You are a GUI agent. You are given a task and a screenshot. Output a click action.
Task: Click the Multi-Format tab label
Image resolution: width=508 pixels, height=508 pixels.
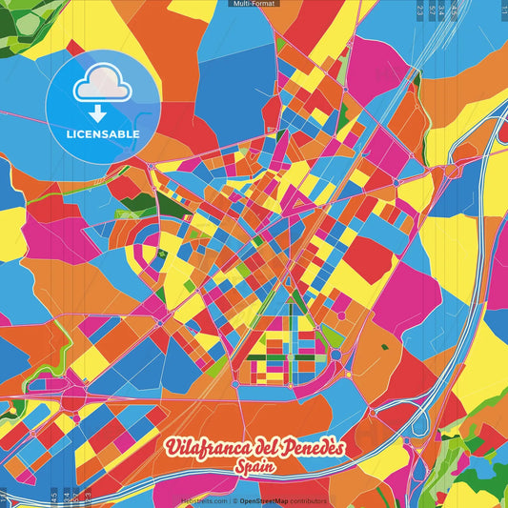(254, 4)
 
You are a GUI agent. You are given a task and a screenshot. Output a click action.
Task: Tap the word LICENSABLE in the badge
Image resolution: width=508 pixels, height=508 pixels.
(103, 133)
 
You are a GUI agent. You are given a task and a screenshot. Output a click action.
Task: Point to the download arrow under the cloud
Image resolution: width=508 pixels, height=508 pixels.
(102, 113)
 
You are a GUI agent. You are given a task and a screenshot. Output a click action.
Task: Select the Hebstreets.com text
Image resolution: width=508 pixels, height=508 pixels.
(205, 500)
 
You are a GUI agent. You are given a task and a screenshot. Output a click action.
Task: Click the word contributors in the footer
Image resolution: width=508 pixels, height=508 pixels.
(310, 500)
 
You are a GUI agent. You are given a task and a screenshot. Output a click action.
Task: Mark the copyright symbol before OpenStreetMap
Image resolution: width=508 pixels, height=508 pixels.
(234, 500)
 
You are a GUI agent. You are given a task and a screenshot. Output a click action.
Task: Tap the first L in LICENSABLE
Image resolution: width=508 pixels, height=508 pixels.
(69, 133)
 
